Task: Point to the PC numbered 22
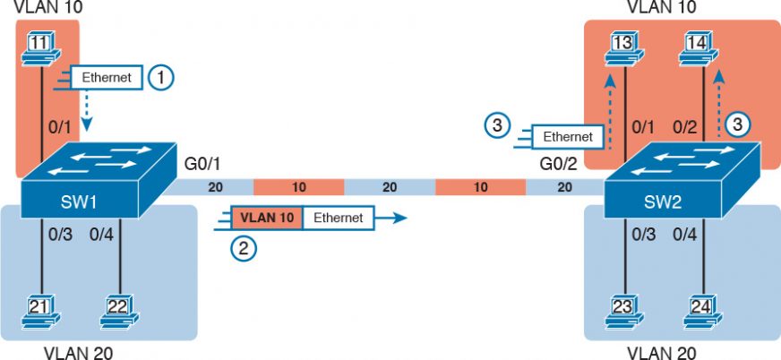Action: [x=118, y=310]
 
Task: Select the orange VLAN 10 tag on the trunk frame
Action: [x=266, y=218]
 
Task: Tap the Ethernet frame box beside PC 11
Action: [x=107, y=78]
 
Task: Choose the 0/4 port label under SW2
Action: [x=685, y=235]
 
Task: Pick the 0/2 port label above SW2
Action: [x=685, y=128]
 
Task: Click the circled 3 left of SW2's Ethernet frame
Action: [x=498, y=125]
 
